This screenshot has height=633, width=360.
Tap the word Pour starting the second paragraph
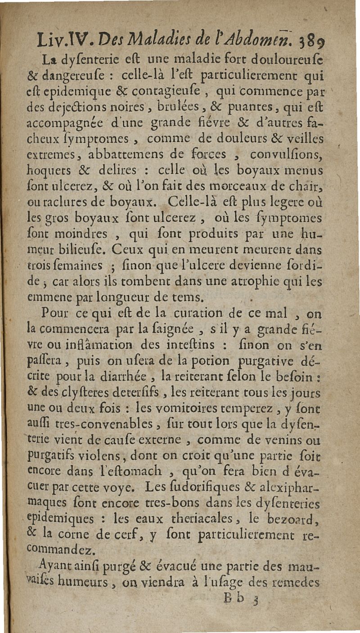click(55, 312)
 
